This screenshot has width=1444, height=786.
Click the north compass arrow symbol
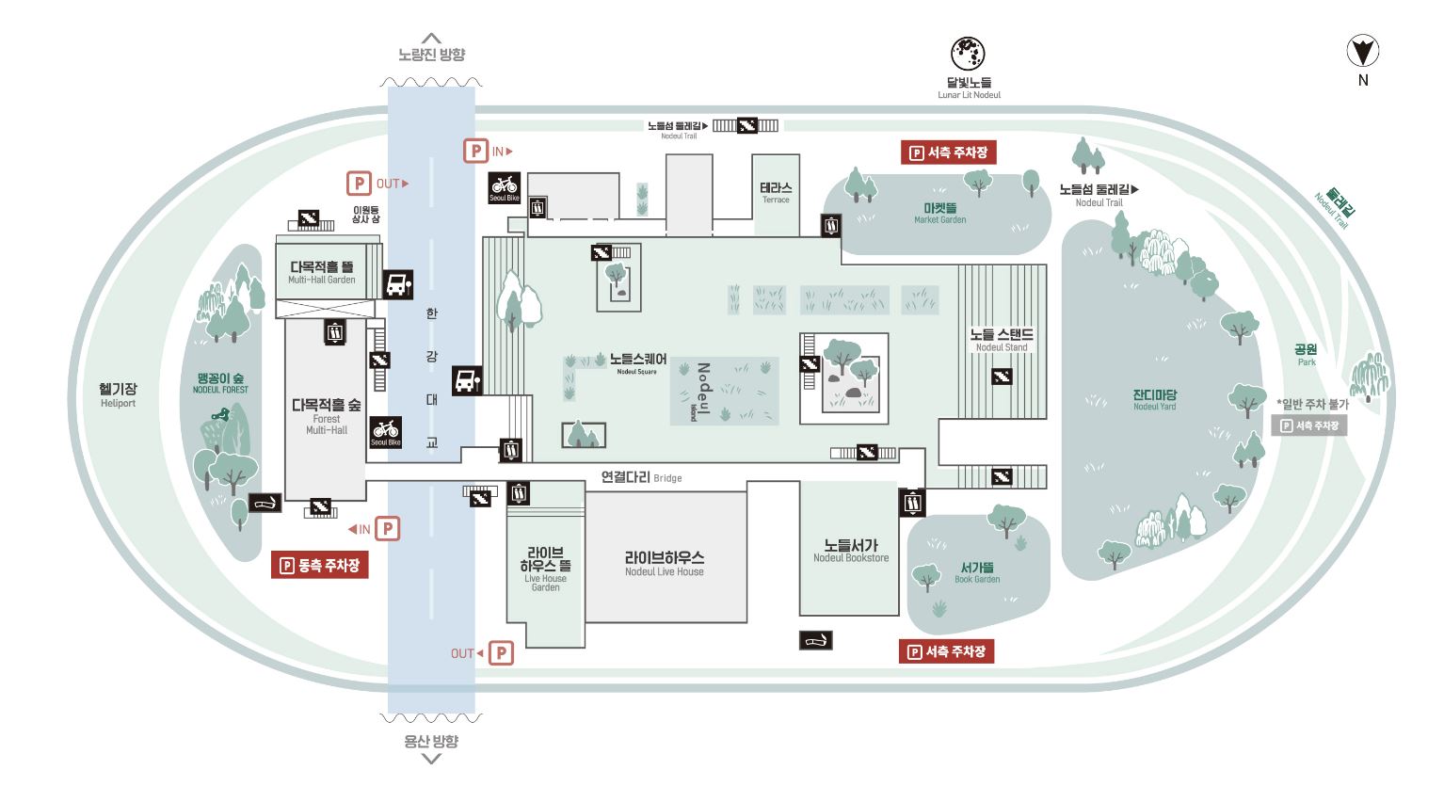pos(1362,51)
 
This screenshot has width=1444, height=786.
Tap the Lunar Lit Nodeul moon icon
pos(969,53)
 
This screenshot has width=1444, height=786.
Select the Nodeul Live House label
pos(664,563)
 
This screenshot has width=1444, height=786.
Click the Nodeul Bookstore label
pos(850,551)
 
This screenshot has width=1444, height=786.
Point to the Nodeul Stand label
pos(1002,340)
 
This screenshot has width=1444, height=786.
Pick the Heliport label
pos(119,394)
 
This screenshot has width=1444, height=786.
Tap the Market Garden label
pos(939,213)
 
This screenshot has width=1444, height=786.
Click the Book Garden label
pos(977,572)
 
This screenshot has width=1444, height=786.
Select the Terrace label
pos(776,193)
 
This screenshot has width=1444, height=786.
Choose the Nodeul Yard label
pos(1154,400)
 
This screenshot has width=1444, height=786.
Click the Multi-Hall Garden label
pos(321,273)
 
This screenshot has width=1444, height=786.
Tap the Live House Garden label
pos(545,569)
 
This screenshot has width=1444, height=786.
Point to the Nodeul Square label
pos(639,363)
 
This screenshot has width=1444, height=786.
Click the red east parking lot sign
pos(319,565)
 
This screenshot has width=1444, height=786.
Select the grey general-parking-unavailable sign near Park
pos(1309,425)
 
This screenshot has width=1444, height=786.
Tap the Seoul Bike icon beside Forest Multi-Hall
pos(386,431)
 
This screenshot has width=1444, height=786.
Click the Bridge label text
pos(641,478)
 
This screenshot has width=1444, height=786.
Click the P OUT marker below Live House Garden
pos(489,653)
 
